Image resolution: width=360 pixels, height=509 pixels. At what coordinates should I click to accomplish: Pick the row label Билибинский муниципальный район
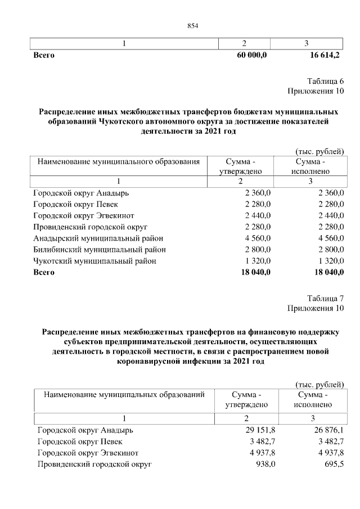pyautogui.click(x=100, y=249)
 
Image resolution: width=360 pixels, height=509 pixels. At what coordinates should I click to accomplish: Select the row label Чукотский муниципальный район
pyautogui.click(x=94, y=261)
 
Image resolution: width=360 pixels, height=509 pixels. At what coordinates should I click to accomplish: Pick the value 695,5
pyautogui.click(x=333, y=464)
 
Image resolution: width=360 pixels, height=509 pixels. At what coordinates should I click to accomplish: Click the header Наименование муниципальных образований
pyautogui.click(x=124, y=395)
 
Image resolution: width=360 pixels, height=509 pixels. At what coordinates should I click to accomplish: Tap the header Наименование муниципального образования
pyautogui.click(x=119, y=162)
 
